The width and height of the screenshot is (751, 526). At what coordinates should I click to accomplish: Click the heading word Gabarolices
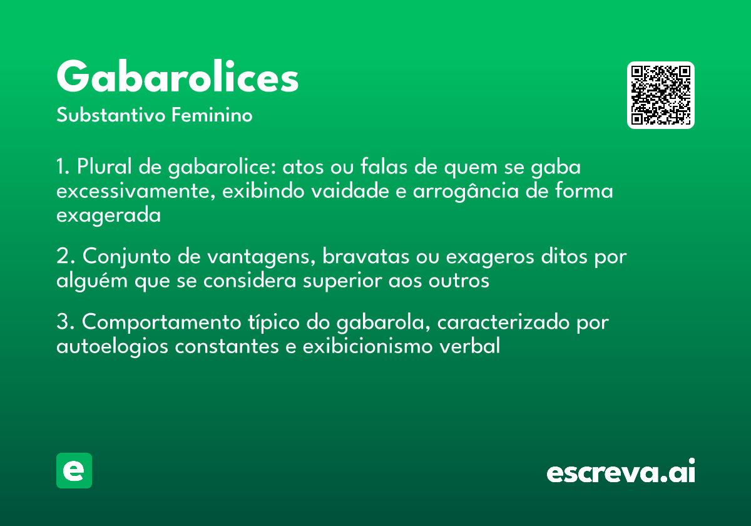pos(178,78)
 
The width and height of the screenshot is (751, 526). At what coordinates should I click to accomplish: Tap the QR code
pos(661,95)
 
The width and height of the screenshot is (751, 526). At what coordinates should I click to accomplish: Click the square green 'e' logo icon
pos(74,470)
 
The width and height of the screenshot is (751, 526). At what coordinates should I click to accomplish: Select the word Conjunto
pos(126,257)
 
